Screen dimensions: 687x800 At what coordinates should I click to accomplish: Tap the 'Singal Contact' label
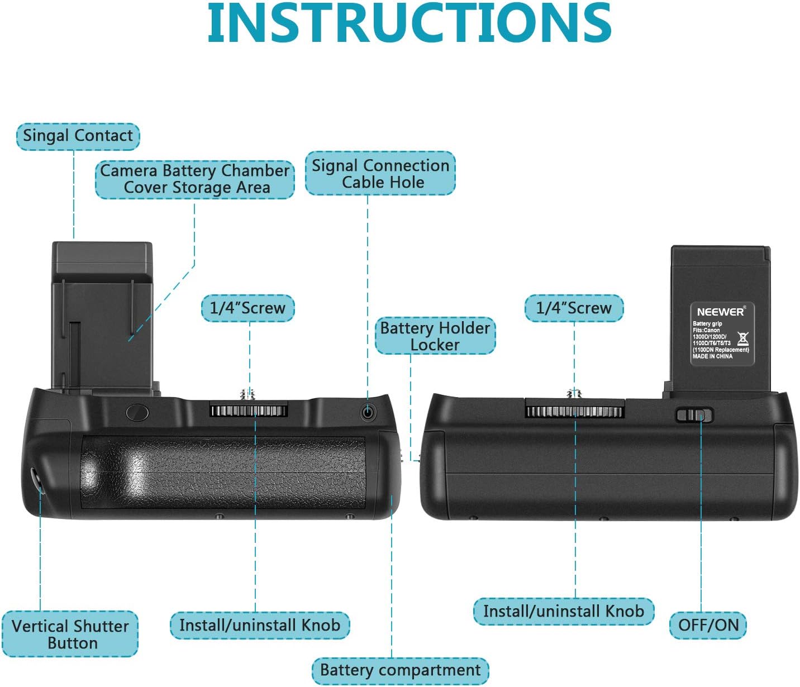[x=78, y=136]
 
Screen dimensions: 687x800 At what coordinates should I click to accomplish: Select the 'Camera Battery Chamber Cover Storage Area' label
[x=194, y=179]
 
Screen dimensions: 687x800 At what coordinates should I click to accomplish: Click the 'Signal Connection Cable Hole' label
[x=380, y=174]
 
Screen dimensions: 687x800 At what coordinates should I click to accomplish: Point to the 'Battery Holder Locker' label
[x=435, y=336]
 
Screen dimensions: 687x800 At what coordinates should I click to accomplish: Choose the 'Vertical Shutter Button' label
[x=70, y=634]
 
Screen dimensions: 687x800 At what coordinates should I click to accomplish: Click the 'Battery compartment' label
[x=400, y=670]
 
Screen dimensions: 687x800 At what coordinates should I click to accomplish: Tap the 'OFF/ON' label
[x=708, y=624]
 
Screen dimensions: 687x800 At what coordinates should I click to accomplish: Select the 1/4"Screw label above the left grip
[x=247, y=308]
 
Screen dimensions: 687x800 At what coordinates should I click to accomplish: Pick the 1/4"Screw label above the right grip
[x=574, y=308]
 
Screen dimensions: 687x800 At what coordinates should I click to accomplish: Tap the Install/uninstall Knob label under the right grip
[x=563, y=611]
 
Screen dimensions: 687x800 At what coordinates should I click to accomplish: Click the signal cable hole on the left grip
[x=367, y=413]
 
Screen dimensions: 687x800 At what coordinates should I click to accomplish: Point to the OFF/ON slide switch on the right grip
[x=694, y=415]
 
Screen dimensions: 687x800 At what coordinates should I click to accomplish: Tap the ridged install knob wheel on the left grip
[x=249, y=411]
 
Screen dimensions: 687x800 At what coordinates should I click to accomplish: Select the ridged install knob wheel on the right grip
[x=574, y=412]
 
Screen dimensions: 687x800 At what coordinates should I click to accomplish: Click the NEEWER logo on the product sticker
[x=721, y=312]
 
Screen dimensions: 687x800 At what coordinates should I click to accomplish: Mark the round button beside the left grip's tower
[x=137, y=413]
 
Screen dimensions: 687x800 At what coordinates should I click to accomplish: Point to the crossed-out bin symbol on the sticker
[x=742, y=338]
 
